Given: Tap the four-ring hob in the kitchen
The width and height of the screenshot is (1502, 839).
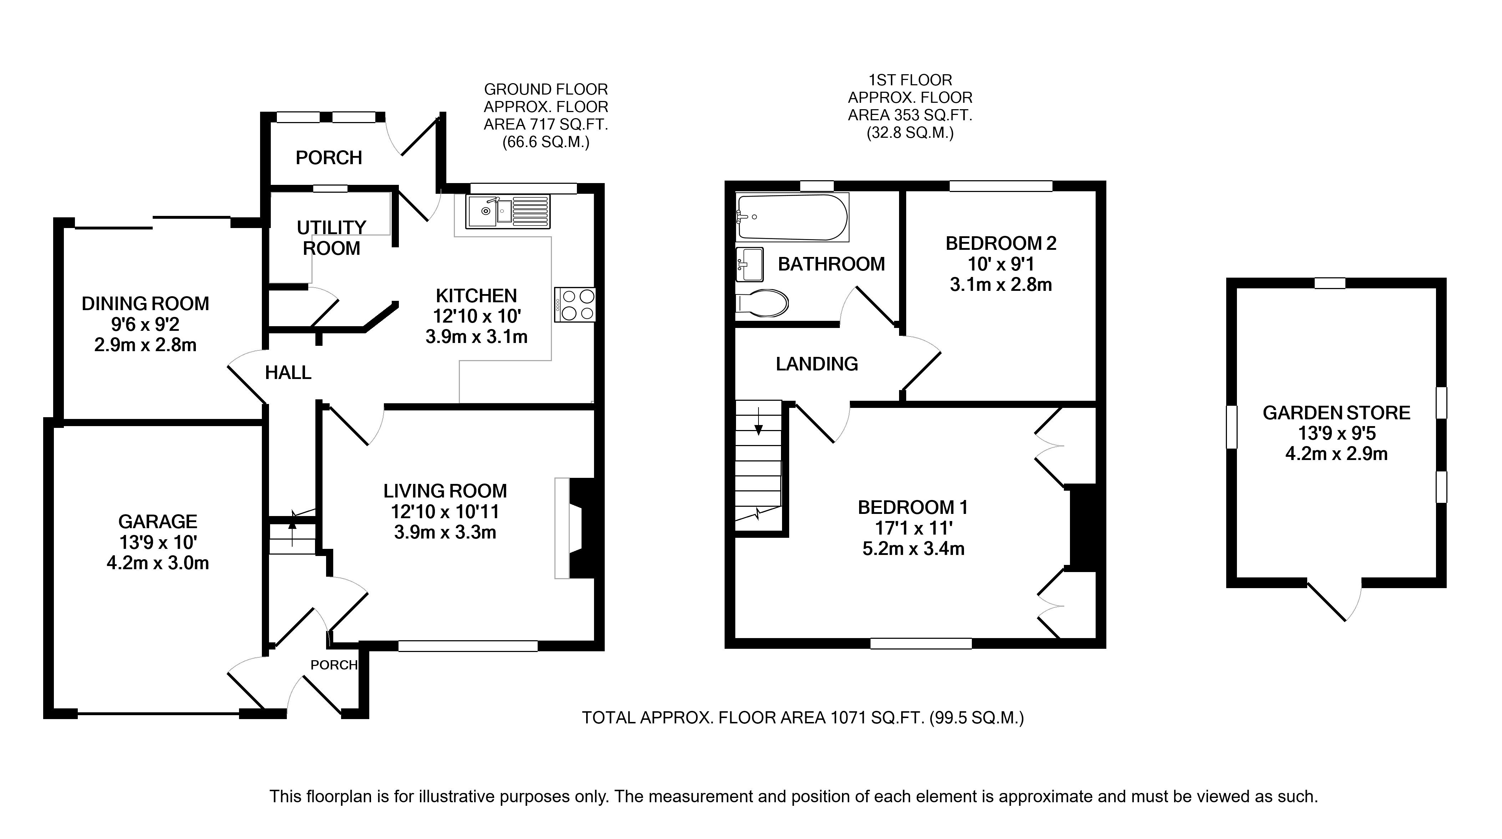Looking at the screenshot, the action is (575, 304).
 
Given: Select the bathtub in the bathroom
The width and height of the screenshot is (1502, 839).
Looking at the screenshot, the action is (792, 217).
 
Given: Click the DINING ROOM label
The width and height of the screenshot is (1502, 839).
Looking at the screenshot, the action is (145, 304).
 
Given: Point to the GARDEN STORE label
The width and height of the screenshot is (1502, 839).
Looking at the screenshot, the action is (1336, 413).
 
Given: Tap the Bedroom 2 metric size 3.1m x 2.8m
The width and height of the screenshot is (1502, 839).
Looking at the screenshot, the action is (1000, 284).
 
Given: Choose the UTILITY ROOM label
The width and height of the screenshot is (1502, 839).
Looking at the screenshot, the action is (331, 237).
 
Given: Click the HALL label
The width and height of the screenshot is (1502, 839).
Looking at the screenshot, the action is (288, 373).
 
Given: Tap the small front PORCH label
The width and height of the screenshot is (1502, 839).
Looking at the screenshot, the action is (334, 665).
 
